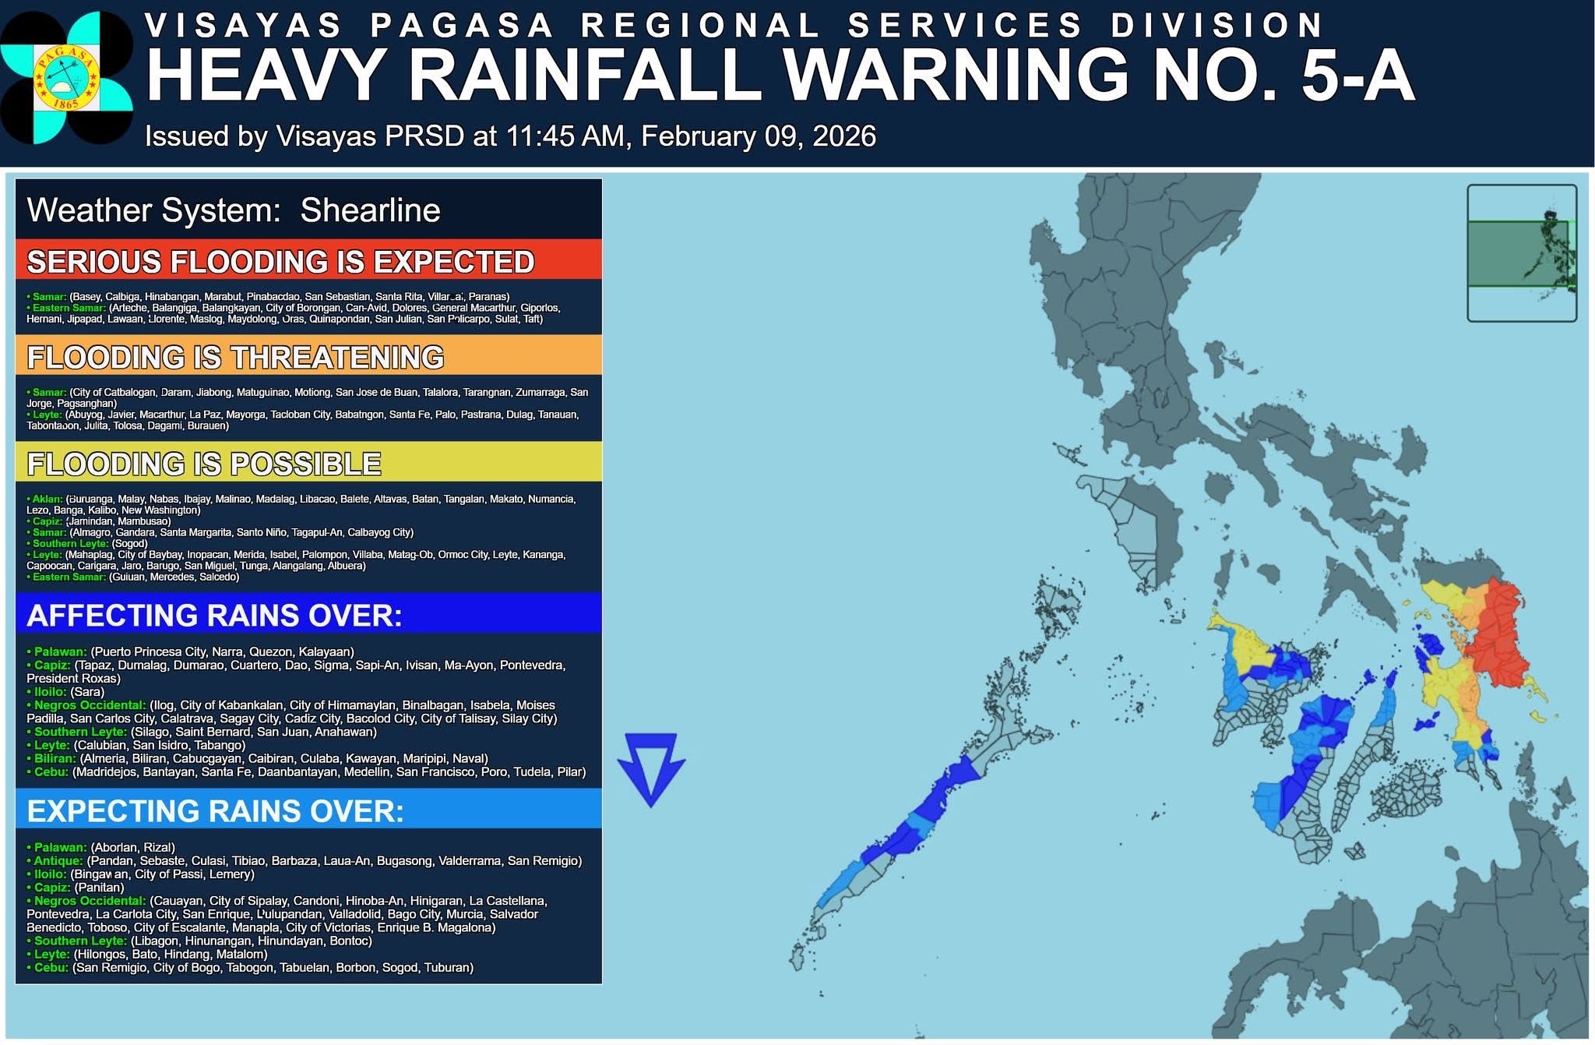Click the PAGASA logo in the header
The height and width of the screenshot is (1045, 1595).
[66, 77]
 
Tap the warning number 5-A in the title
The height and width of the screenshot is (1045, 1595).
[1357, 76]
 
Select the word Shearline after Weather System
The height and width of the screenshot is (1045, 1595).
[370, 210]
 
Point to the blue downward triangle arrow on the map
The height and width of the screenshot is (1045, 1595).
[651, 766]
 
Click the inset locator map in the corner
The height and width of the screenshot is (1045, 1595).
[1521, 253]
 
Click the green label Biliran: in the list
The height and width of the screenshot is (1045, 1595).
[55, 758]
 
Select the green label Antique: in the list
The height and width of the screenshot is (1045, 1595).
[58, 861]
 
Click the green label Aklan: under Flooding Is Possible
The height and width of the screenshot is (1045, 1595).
[47, 499]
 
